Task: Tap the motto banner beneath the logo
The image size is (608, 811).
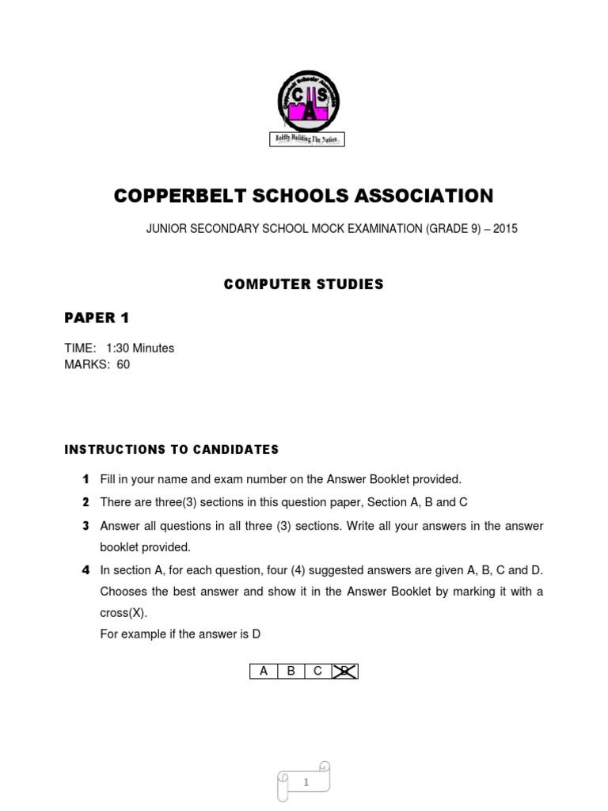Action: pyautogui.click(x=307, y=139)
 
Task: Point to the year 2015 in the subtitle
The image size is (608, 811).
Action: pyautogui.click(x=505, y=229)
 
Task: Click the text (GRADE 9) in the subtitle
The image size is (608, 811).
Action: pyautogui.click(x=453, y=229)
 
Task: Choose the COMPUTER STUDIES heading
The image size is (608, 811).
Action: pyautogui.click(x=303, y=284)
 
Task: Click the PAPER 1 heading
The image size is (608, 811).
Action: pyautogui.click(x=96, y=318)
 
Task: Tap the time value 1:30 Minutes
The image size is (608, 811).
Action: pyautogui.click(x=140, y=348)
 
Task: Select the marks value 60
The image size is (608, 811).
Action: pyautogui.click(x=123, y=365)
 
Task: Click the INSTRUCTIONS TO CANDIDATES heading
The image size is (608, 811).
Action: pyautogui.click(x=171, y=450)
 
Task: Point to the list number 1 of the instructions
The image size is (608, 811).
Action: pyautogui.click(x=85, y=479)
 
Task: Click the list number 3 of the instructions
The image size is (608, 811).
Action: pyautogui.click(x=85, y=526)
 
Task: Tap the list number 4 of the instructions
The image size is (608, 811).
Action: pyautogui.click(x=85, y=570)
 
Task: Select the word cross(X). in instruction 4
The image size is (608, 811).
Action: pyautogui.click(x=123, y=613)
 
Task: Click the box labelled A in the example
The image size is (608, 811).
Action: pyautogui.click(x=264, y=672)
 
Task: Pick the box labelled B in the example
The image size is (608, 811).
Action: pyautogui.click(x=291, y=672)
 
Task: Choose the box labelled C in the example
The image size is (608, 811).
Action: pyautogui.click(x=317, y=672)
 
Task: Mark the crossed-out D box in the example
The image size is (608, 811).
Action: pyautogui.click(x=345, y=672)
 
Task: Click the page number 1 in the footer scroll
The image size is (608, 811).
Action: pyautogui.click(x=305, y=782)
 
